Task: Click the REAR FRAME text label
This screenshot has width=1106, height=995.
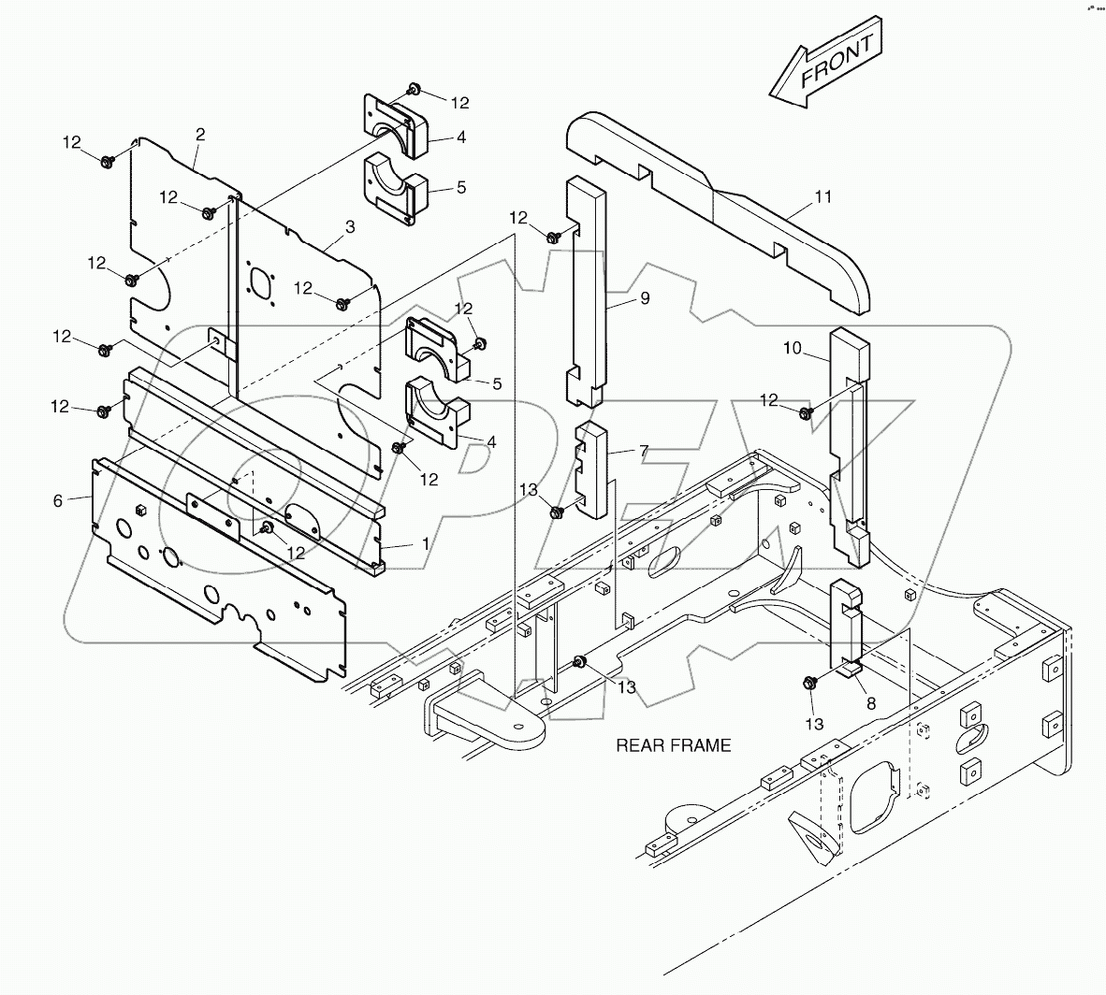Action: pos(673,745)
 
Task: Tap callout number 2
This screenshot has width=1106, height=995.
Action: pos(199,135)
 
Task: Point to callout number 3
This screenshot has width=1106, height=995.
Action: pos(349,226)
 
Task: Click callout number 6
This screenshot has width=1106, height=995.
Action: pos(58,501)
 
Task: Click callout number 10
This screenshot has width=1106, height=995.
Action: pos(792,348)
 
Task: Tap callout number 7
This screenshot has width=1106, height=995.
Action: pos(643,451)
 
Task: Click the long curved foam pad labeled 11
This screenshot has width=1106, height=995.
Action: pos(720,206)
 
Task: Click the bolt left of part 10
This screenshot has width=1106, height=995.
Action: pos(806,412)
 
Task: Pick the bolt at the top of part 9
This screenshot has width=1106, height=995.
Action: pos(554,237)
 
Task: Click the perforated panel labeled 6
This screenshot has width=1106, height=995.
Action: pos(215,561)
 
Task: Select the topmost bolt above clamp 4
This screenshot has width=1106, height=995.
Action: pos(413,91)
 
